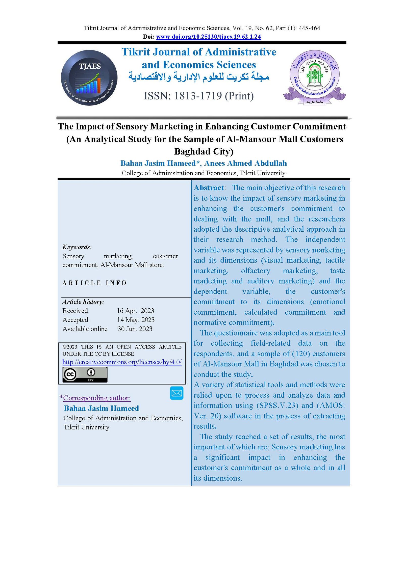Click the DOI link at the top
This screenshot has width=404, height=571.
[208, 37]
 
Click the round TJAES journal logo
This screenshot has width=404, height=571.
[89, 78]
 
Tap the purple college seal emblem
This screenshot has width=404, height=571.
[314, 77]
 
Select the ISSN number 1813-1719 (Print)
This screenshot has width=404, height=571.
[199, 96]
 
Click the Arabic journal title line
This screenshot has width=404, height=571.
[199, 76]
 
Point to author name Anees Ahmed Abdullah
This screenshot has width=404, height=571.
[245, 163]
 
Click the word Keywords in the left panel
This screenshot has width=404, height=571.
[77, 247]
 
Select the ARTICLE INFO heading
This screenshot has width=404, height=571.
[94, 283]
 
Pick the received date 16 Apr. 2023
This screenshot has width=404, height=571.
[135, 311]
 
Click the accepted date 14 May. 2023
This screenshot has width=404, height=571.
[136, 320]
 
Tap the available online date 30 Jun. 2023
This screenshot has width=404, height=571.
[135, 329]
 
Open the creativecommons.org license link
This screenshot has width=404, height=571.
[122, 362]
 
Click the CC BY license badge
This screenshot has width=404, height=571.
[85, 374]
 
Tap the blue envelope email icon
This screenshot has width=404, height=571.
[176, 393]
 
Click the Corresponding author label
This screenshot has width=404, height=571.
[97, 398]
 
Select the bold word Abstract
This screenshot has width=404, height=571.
[209, 188]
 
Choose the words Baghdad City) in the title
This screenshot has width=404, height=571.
[204, 151]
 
